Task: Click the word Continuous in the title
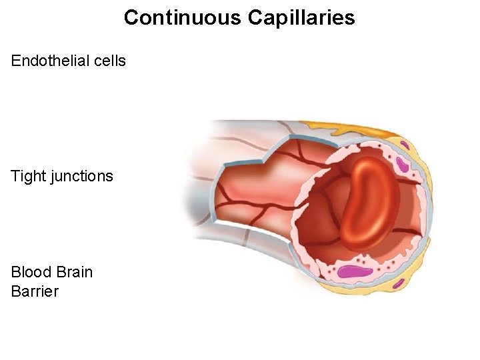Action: click(x=183, y=17)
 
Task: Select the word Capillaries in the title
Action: click(x=301, y=17)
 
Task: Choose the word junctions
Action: click(x=81, y=177)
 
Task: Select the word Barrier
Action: click(x=35, y=291)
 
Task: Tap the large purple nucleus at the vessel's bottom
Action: click(x=357, y=271)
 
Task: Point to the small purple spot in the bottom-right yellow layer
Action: click(x=398, y=283)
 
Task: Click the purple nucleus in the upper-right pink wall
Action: click(x=402, y=165)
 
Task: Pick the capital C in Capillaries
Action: click(x=255, y=17)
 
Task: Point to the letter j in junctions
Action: click(x=52, y=177)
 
